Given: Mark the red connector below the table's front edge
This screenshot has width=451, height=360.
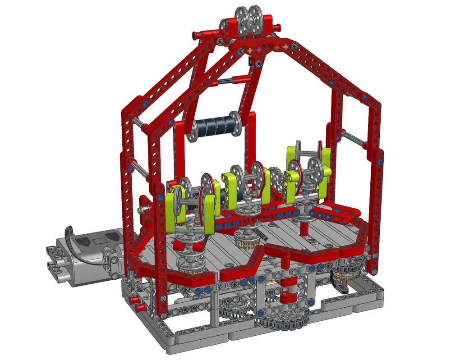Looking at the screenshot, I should click(x=286, y=296).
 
